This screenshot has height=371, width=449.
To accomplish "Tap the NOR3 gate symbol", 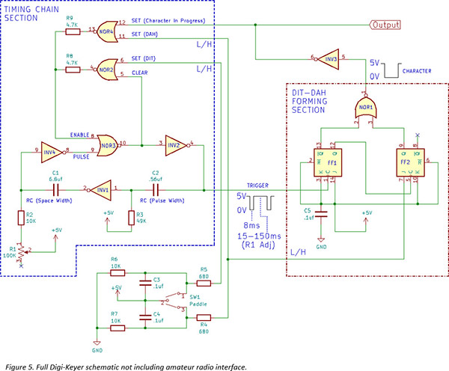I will pyautogui.click(x=108, y=142).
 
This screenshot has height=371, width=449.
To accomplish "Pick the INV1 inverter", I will pyautogui.click(x=103, y=190).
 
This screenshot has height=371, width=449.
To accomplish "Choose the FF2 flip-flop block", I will pyautogui.click(x=409, y=163).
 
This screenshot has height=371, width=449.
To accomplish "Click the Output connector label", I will pyautogui.click(x=384, y=25).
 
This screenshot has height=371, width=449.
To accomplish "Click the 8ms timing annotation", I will pyautogui.click(x=252, y=224).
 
